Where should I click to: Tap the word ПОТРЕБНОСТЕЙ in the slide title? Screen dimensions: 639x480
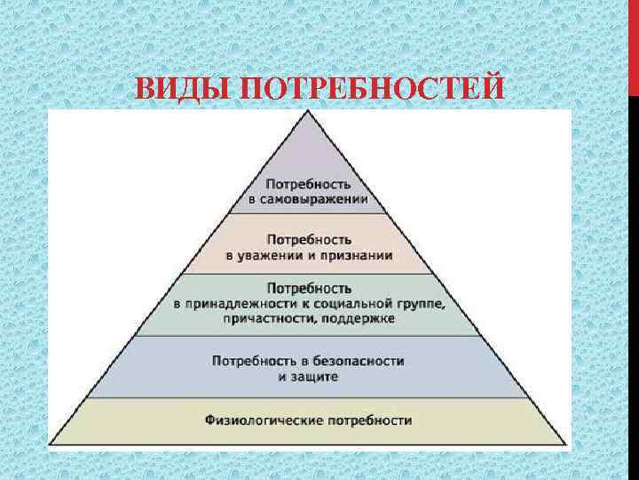[x=373, y=91]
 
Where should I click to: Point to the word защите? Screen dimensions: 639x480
[x=318, y=376]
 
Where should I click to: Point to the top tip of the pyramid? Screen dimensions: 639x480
[x=307, y=112]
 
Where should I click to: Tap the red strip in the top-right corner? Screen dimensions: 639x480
[x=633, y=44]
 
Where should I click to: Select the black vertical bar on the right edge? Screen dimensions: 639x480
[x=633, y=267]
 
